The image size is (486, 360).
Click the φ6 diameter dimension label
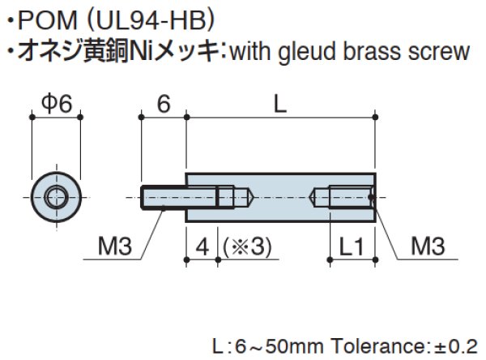click(x=57, y=103)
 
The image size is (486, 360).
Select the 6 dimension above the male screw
click(x=163, y=103)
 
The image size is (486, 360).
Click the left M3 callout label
click(x=114, y=246)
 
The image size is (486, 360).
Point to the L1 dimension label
click(x=351, y=246)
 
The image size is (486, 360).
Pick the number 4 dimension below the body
click(x=201, y=246)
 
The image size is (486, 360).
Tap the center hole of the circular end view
click(x=57, y=195)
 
